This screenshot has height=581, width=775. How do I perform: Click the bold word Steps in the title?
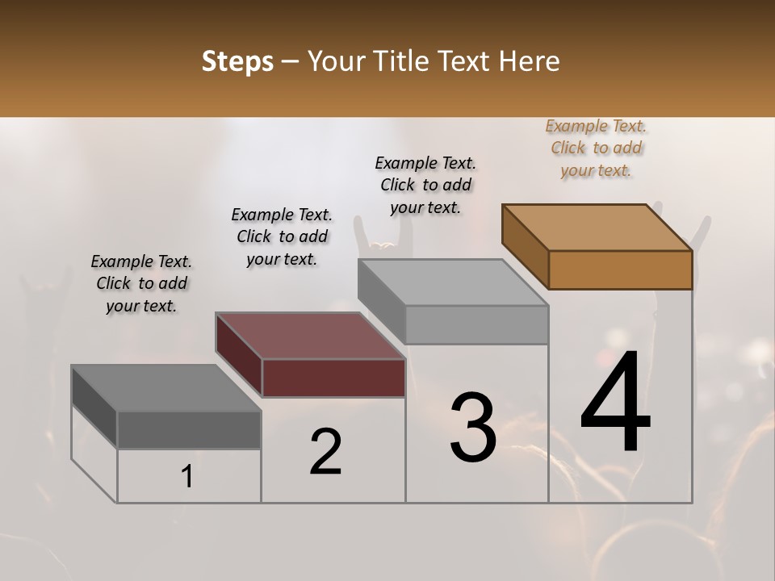coord(237,61)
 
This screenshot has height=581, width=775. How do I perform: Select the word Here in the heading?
coord(530,61)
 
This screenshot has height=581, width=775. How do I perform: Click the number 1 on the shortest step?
coord(187,477)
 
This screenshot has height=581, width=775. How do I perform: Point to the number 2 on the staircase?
coord(326,452)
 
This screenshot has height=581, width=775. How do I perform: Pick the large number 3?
coord(473,428)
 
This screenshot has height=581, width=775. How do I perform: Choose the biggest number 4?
coord(615,403)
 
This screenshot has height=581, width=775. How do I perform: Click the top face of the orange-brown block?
coord(597,227)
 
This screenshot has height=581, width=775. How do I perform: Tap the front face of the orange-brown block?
coord(620,270)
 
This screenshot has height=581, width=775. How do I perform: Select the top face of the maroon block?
coord(311,335)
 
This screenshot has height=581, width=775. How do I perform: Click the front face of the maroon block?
coord(333,378)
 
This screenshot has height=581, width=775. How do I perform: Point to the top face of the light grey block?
coord(453,282)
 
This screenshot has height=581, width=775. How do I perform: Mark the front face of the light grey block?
coord(476,324)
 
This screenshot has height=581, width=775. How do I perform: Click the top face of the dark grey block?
coord(166,387)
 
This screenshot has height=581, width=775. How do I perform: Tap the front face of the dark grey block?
coord(189,429)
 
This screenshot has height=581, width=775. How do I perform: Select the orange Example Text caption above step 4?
coord(596,148)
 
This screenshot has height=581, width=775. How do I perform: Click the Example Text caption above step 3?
coord(425,185)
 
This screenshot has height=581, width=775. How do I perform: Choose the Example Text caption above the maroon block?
coord(282,236)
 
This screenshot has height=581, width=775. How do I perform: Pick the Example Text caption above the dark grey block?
coord(141,283)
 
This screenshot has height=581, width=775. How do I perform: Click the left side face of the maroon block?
coord(239,354)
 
